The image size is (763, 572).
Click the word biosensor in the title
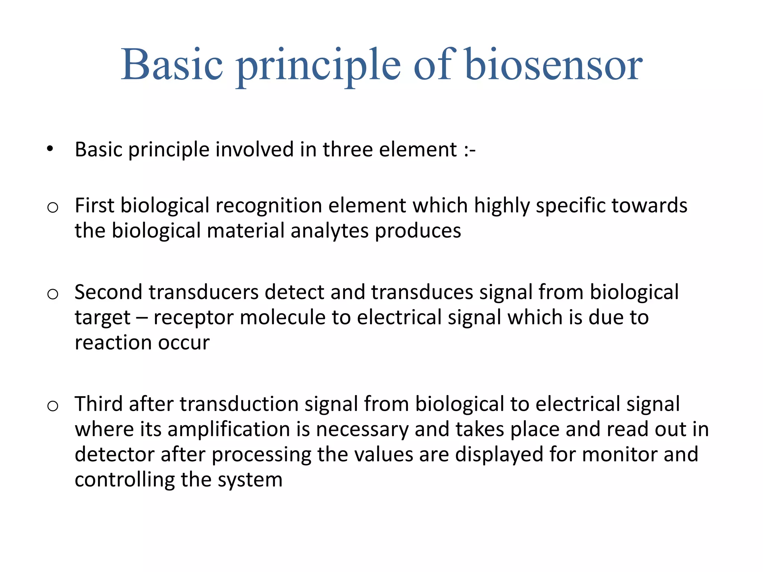click(554, 65)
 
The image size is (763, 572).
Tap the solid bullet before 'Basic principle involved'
click(50, 149)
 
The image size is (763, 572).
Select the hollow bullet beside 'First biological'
click(53, 207)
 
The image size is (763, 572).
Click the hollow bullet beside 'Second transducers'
click(53, 294)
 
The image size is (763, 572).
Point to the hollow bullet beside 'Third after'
click(53, 406)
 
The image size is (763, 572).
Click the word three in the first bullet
click(348, 149)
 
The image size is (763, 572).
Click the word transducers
click(203, 292)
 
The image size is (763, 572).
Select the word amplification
click(229, 429)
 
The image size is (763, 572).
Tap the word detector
click(114, 455)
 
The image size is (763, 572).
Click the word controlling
click(124, 480)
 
